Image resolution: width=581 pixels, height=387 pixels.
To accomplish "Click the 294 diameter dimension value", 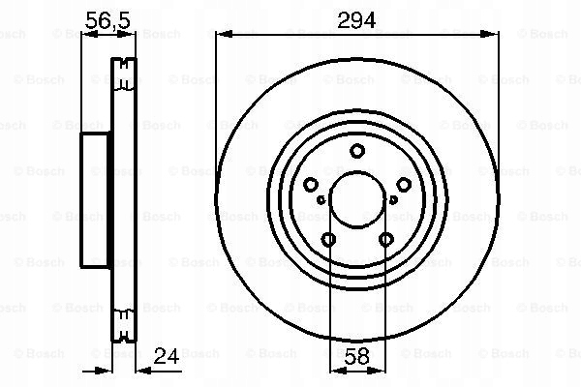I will (x=357, y=17).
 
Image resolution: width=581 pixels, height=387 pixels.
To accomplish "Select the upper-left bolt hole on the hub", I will (x=311, y=185).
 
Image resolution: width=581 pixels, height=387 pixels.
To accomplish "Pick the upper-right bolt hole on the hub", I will (x=404, y=185).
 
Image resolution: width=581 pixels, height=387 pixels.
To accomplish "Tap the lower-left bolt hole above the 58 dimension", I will (x=328, y=240).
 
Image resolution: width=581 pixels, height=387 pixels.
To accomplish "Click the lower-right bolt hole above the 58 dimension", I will (x=386, y=240).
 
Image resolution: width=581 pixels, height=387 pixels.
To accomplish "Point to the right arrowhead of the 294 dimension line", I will (x=494, y=35).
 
